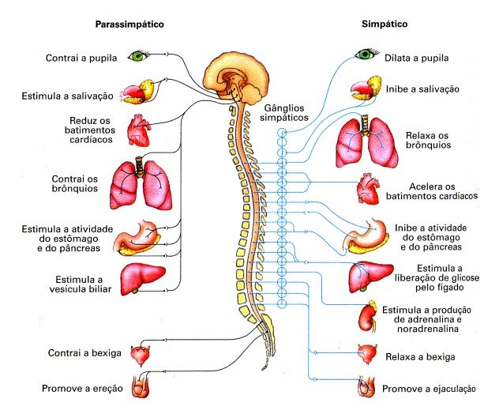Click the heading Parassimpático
click(129, 24)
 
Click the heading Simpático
click(385, 24)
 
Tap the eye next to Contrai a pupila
click(138, 56)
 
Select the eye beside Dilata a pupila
click(366, 54)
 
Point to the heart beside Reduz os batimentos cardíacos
click(138, 130)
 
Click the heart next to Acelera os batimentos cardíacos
click(368, 189)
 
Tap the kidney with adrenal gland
click(369, 317)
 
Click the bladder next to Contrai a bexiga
click(140, 355)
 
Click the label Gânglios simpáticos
click(284, 113)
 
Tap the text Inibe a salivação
click(422, 88)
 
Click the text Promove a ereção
click(82, 389)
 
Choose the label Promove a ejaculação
click(429, 389)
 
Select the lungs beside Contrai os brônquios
click(141, 183)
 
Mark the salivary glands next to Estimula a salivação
click(138, 92)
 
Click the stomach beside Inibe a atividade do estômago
click(366, 236)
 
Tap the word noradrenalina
click(428, 329)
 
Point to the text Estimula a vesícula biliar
click(81, 284)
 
